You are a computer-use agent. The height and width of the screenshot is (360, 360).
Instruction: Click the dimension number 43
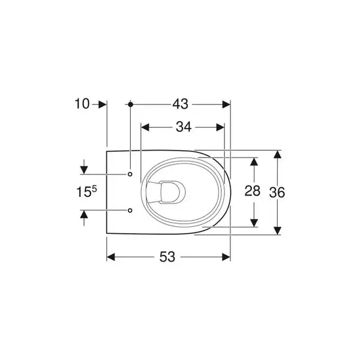point(180,104)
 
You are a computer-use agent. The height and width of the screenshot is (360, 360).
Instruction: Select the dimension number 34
point(184,127)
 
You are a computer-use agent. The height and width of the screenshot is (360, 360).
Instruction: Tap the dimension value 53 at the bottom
point(167,257)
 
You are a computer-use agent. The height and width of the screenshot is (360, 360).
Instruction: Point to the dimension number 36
point(277,193)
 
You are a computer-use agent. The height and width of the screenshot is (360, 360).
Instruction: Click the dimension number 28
point(253,191)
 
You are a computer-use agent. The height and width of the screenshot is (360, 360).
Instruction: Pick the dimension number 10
point(82,104)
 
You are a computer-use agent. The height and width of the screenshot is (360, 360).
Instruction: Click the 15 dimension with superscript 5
point(86,192)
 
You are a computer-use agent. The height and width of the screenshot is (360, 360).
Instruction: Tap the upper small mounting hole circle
point(130,174)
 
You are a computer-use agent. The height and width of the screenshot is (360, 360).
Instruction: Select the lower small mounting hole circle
point(130,210)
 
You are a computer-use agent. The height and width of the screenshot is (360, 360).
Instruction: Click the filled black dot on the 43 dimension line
point(131,104)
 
